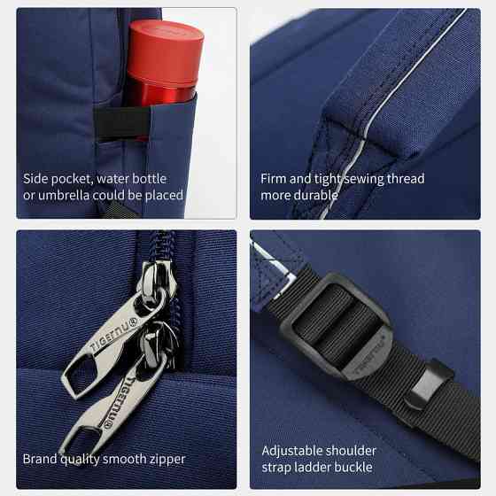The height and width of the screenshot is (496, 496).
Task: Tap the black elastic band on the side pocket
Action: (x=122, y=124)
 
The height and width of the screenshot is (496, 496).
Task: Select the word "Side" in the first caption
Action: (x=35, y=179)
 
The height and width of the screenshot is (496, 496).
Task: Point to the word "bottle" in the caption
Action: (x=150, y=179)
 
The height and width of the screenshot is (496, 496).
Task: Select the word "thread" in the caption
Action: (x=406, y=179)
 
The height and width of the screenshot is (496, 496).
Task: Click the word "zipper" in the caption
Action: (x=167, y=460)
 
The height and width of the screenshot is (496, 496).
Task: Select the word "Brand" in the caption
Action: (x=40, y=459)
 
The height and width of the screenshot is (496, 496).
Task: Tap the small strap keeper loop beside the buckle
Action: (x=428, y=385)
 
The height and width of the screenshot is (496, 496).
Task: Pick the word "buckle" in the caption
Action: (x=353, y=468)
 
